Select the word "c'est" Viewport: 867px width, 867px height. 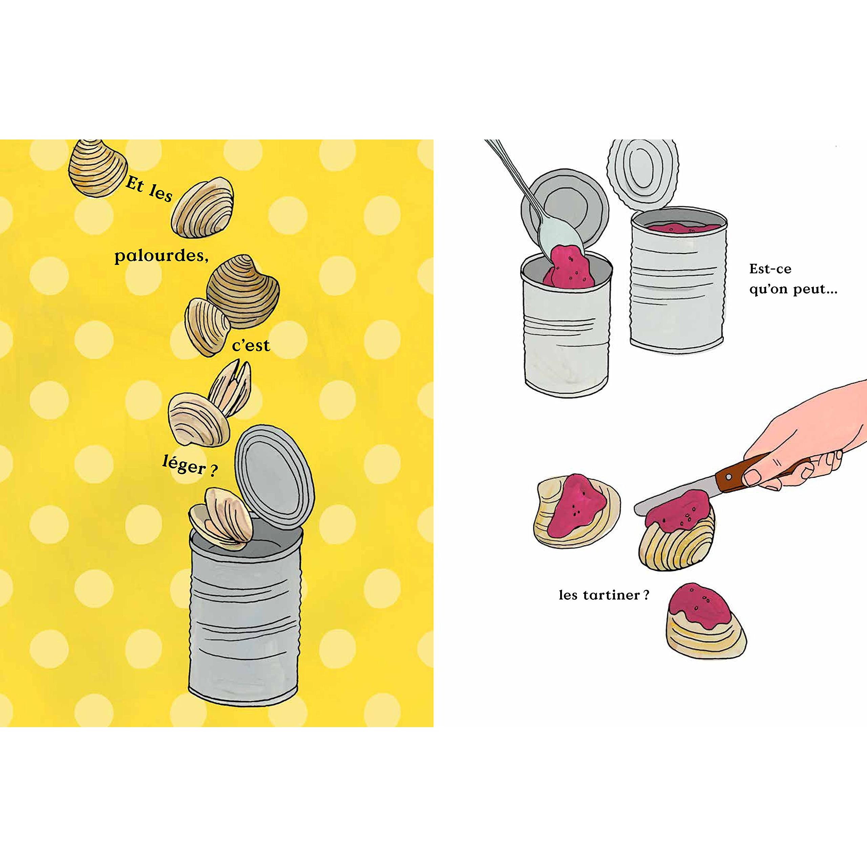[x=251, y=345]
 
